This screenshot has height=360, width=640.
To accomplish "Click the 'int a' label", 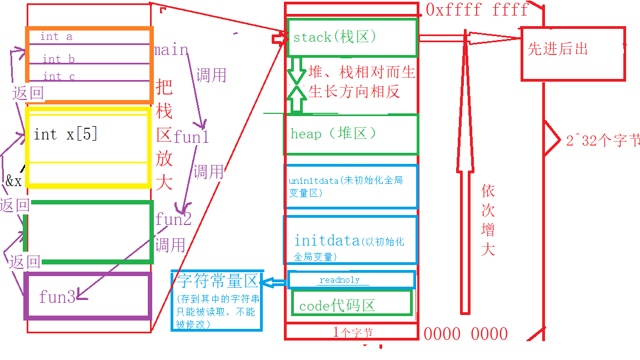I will tap(56, 37).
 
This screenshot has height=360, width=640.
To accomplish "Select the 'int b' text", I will tap(58, 59).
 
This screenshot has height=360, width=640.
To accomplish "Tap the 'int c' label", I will tap(59, 76).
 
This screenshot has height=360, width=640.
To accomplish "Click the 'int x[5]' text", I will tap(66, 134).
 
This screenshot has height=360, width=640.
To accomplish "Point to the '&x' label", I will tap(14, 181).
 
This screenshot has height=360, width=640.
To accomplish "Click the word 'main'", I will tap(171, 50).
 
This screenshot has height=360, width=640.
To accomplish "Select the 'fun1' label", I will tap(191, 137).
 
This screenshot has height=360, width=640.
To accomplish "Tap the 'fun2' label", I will tap(173, 219).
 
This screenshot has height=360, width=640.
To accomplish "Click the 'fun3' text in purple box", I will tap(57, 297).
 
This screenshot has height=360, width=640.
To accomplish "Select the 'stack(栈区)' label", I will tap(335, 37).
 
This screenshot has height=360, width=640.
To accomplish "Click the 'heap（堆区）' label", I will tap(333, 134).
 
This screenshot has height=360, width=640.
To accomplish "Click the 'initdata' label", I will tap(327, 241).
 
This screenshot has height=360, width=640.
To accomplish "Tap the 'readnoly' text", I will tap(339, 280).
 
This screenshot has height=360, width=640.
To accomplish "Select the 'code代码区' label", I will tap(337, 306).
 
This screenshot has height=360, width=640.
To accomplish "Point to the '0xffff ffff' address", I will tap(477, 9).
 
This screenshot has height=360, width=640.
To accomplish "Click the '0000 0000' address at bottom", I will tap(466, 334).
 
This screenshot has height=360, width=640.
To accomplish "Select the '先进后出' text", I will tap(558, 49).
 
